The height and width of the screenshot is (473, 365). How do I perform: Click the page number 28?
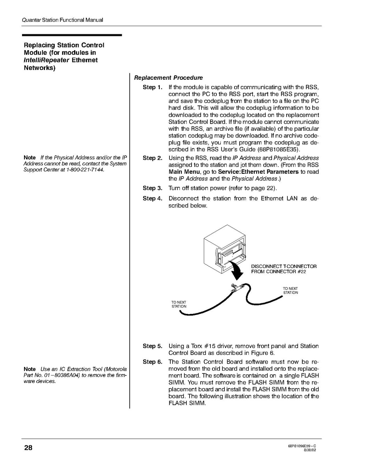pos(28,448)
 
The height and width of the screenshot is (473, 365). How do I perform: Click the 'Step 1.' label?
pos(152,87)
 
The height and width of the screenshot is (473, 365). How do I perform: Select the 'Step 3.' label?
pos(152,188)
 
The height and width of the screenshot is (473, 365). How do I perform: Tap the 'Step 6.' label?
pos(152,362)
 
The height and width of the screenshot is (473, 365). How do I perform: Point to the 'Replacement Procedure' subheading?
pos(168,78)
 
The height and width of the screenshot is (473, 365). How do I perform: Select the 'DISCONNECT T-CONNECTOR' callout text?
pos(284,267)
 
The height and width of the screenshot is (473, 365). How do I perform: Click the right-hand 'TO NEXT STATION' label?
pos(291,291)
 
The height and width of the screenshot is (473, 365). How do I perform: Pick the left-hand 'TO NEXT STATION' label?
pos(179,304)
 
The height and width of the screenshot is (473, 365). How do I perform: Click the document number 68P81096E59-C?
pos(302,446)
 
